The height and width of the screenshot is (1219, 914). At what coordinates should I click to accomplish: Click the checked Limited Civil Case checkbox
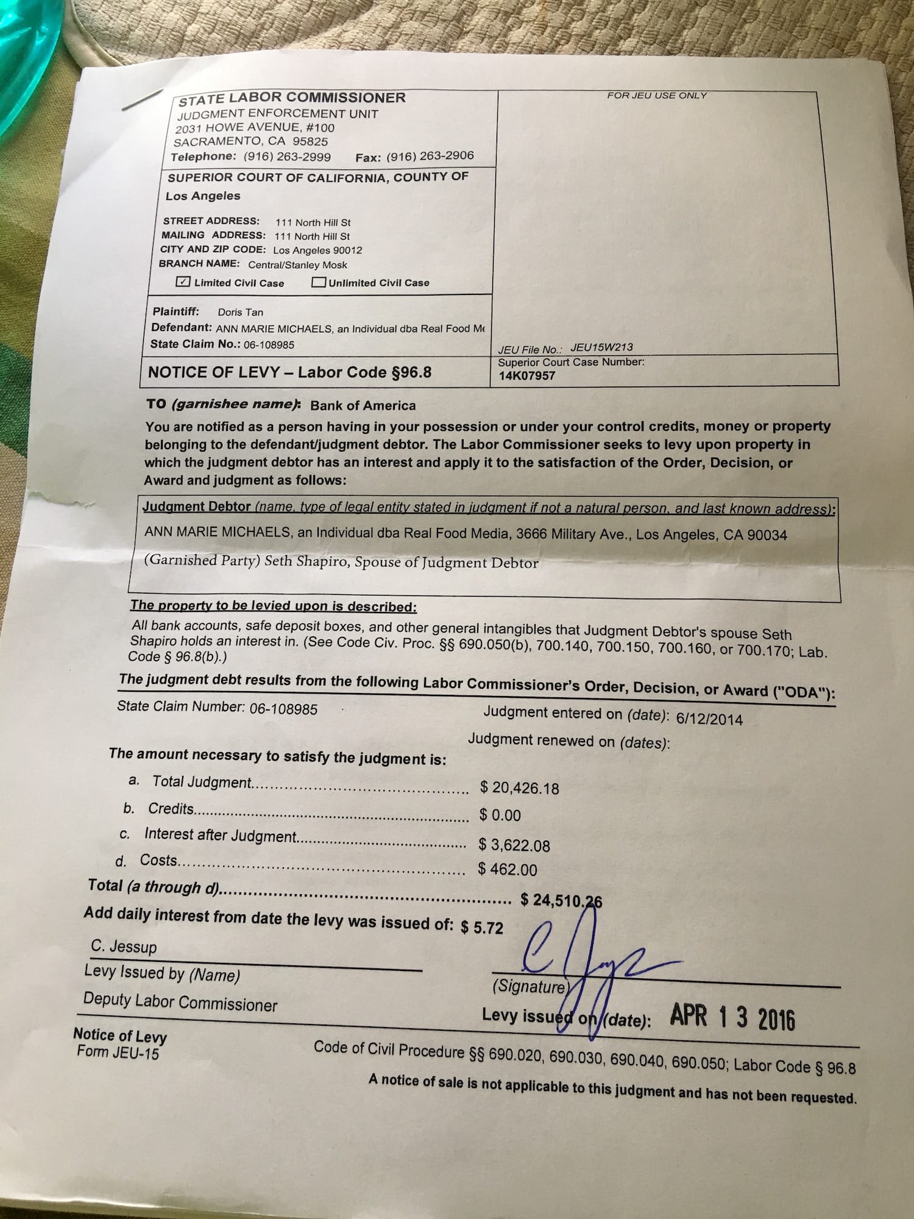coord(183,282)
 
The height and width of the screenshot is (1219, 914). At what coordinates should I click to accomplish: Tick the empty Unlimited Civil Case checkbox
coord(318,282)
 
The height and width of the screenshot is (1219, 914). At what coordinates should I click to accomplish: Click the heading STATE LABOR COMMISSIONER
coord(292,98)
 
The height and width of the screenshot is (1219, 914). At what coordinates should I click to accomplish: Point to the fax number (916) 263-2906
coord(430,156)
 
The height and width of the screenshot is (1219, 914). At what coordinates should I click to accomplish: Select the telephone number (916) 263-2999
coord(287,157)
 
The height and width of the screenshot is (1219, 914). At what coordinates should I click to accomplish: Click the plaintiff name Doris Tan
coord(241,312)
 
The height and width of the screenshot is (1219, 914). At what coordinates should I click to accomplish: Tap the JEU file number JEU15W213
coord(601,347)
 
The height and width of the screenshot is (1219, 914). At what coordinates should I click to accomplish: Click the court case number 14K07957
coord(527,375)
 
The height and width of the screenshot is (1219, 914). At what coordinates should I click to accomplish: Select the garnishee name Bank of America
coord(363,405)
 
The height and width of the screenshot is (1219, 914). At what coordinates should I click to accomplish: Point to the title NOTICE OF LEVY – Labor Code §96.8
coord(289,372)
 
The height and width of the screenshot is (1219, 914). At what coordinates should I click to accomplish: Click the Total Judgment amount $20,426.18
coord(519,788)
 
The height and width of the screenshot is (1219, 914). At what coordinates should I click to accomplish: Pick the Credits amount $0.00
coord(500,816)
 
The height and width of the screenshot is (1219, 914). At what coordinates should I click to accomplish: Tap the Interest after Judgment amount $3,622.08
coord(514,845)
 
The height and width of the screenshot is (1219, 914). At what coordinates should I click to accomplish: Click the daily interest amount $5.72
coord(482,928)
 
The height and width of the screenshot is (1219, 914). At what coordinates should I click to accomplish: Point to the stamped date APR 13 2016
coord(732,1018)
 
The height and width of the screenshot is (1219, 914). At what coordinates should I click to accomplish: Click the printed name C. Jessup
coord(124,947)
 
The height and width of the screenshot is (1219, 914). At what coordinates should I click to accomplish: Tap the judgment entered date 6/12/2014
coord(709,719)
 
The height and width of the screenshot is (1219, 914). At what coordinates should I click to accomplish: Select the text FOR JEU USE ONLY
coord(656,96)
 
